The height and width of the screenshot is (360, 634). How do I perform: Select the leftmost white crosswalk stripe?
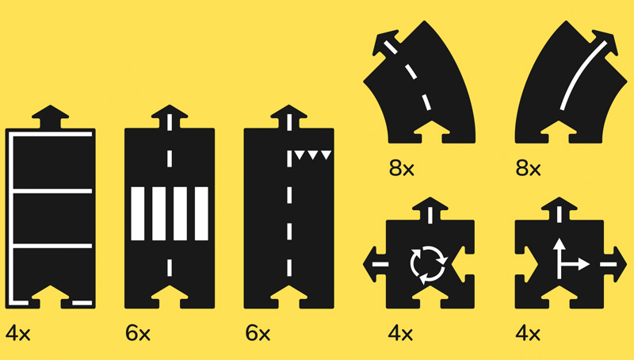pyautogui.click(x=138, y=213)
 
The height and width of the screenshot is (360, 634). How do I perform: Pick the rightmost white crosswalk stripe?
pyautogui.click(x=201, y=213)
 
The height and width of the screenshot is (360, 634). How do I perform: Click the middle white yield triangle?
pyautogui.click(x=312, y=155)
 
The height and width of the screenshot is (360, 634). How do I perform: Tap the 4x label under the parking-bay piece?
pyautogui.click(x=18, y=334)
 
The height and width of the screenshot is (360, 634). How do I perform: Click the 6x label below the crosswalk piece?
pyautogui.click(x=138, y=334)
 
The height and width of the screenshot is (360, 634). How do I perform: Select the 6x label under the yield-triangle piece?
pyautogui.click(x=258, y=334)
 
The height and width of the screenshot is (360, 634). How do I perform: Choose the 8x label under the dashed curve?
pyautogui.click(x=402, y=168)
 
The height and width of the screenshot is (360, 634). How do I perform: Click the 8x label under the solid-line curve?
pyautogui.click(x=528, y=168)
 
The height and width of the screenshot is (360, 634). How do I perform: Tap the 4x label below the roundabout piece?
pyautogui.click(x=400, y=334)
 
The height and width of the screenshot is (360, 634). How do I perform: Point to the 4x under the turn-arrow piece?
pyautogui.click(x=528, y=334)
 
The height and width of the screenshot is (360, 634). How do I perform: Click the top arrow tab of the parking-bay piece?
pyautogui.click(x=50, y=116)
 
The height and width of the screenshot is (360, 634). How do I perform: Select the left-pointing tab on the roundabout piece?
pyautogui.click(x=375, y=264)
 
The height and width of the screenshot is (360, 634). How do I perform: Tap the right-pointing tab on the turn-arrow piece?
pyautogui.click(x=615, y=264)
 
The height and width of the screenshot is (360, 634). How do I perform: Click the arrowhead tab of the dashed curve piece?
pyautogui.click(x=386, y=41)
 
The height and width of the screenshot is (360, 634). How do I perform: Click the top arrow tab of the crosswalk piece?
pyautogui.click(x=170, y=116)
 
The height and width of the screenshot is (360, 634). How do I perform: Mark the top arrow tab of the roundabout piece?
pyautogui.click(x=430, y=209)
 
